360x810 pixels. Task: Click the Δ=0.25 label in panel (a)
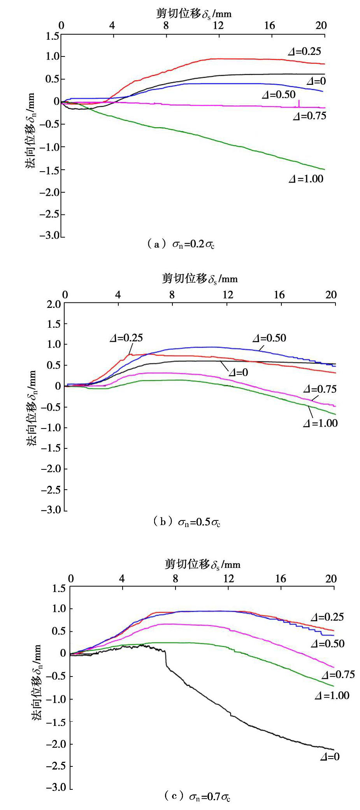[305, 51]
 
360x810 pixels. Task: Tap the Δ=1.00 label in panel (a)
[306, 179]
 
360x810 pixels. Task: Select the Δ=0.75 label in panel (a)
[309, 116]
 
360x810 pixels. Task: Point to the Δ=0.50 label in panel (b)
[269, 338]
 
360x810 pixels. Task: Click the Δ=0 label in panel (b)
[238, 372]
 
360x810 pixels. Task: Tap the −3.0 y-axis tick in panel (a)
[51, 236]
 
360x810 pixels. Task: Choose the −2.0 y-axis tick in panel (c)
[56, 744]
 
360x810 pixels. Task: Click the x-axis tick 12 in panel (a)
[218, 26]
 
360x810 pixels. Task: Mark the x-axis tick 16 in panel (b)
[279, 294]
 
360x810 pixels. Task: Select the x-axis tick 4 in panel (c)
[122, 579]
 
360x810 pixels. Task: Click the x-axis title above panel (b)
[200, 279]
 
